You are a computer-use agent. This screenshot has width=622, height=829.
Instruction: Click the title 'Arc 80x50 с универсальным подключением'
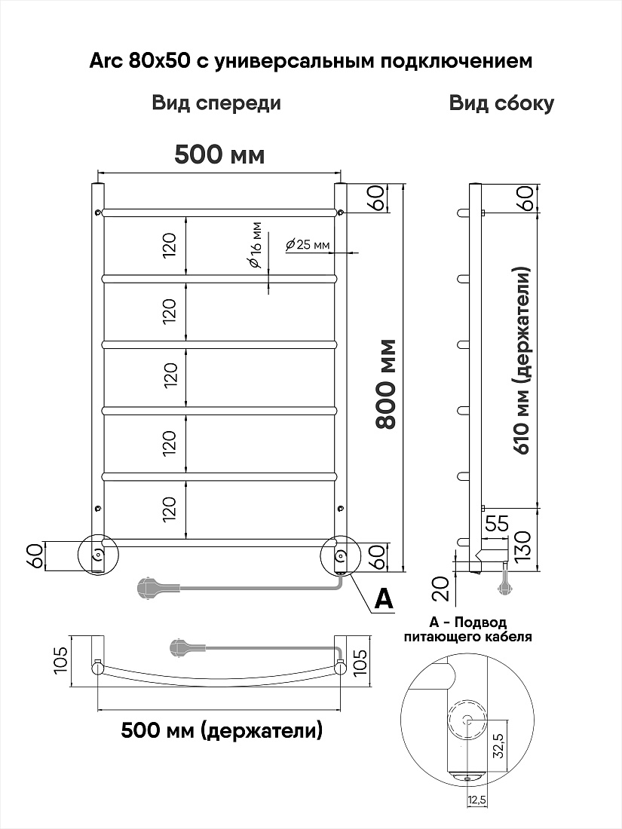pyautogui.click(x=311, y=61)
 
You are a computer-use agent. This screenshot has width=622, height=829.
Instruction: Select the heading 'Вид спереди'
pyautogui.click(x=216, y=102)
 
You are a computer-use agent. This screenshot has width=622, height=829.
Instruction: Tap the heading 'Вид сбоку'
pyautogui.click(x=501, y=102)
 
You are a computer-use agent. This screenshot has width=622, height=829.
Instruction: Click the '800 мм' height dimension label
pyautogui.click(x=387, y=384)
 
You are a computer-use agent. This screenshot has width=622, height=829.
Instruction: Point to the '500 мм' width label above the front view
pyautogui.click(x=219, y=155)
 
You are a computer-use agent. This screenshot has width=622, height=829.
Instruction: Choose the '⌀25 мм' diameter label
pyautogui.click(x=308, y=245)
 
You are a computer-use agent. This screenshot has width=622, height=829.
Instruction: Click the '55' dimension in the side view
pyautogui.click(x=496, y=524)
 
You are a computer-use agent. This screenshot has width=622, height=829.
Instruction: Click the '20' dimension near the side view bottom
pyautogui.click(x=444, y=589)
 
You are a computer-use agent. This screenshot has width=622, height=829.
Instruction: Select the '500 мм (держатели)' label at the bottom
pyautogui.click(x=222, y=731)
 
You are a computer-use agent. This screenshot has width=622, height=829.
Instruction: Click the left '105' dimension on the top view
pyautogui.click(x=61, y=660)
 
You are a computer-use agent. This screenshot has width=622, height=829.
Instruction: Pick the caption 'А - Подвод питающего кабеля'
pyautogui.click(x=468, y=629)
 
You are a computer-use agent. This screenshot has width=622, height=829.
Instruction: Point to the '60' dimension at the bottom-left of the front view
pyautogui.click(x=36, y=556)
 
